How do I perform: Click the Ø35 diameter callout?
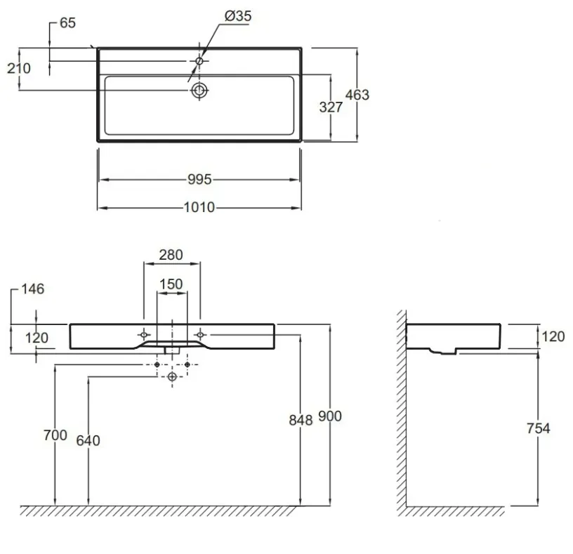238,16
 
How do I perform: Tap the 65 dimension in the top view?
67,23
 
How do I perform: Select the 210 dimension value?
19,68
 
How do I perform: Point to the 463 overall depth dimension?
357,95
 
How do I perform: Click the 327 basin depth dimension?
331,107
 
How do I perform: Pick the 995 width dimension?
199,180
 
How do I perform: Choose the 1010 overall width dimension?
199,207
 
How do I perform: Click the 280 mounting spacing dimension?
171,255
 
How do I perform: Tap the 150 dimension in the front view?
171,284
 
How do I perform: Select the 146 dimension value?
33,289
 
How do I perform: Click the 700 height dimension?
55,435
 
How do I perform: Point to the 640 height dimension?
88,441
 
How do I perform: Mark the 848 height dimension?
301,421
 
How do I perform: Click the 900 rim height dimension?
330,416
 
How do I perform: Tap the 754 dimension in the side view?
539,428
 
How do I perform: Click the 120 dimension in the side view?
553,336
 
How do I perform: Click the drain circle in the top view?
199,91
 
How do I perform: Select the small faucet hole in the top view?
199,61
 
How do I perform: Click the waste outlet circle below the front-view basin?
172,376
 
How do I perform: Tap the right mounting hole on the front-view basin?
200,334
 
